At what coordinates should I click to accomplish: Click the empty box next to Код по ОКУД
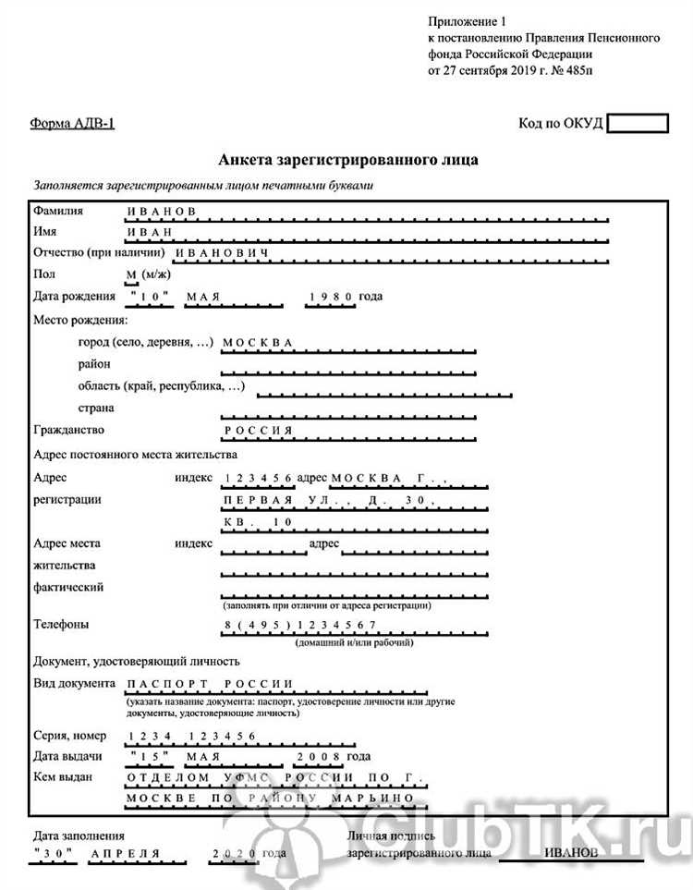pos(638,123)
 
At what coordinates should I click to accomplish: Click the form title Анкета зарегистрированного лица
pos(348,160)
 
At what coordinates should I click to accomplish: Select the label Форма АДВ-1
pos(73,124)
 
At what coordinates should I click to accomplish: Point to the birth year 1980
pos(332,296)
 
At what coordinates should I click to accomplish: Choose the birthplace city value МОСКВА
pos(258,342)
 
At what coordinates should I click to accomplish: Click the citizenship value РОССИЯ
pos(258,431)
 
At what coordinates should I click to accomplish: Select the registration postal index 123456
pos(258,477)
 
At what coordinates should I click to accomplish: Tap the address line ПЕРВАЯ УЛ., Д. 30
pos(323,500)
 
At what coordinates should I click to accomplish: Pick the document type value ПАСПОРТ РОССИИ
pos(210,684)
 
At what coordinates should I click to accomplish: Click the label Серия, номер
pos(69,736)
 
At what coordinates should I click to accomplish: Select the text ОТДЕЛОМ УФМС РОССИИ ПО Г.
pos(274,777)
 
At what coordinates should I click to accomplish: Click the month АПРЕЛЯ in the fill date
pos(125,853)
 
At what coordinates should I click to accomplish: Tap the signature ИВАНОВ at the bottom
pos(575,852)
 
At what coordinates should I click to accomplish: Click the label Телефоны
pos(61,624)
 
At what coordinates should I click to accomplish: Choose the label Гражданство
pos(68,430)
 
